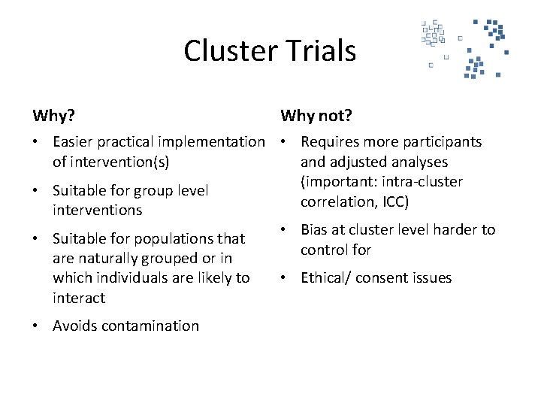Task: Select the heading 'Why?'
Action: click(53, 116)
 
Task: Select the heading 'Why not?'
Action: click(316, 116)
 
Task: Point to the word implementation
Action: click(213, 141)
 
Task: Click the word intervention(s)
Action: click(111, 162)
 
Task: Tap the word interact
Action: click(79, 298)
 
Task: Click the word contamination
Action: click(151, 326)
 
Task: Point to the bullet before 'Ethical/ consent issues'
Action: click(285, 277)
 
